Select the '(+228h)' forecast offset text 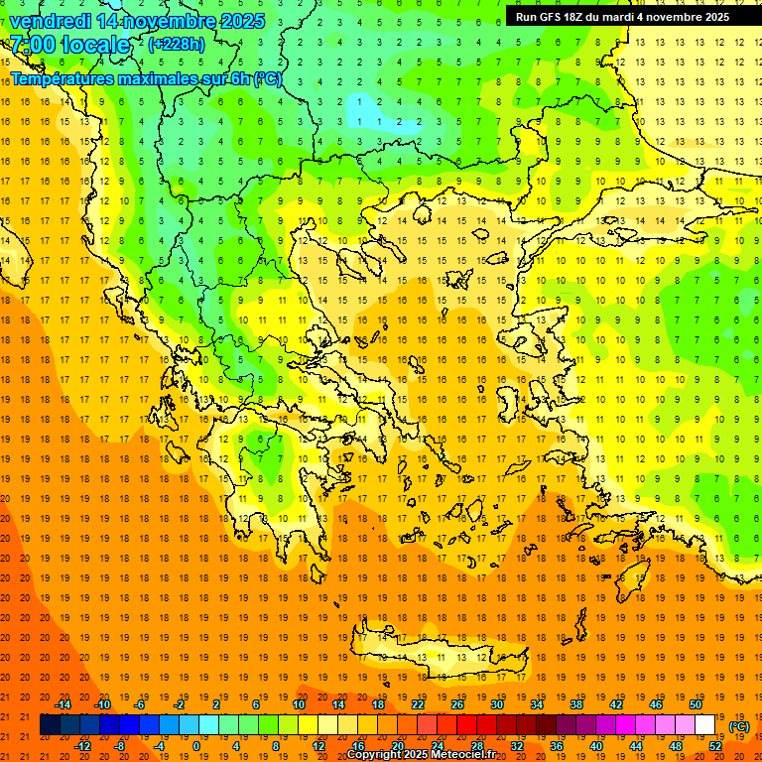177,45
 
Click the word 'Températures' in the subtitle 60,78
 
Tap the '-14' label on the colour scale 63,703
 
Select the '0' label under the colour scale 196,746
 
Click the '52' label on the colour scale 715,746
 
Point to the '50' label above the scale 696,703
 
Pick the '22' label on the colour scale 418,703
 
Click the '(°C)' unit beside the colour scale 738,726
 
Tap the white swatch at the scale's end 705,725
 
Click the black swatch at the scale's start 50,725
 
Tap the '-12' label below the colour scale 83,746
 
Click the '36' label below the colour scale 557,746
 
